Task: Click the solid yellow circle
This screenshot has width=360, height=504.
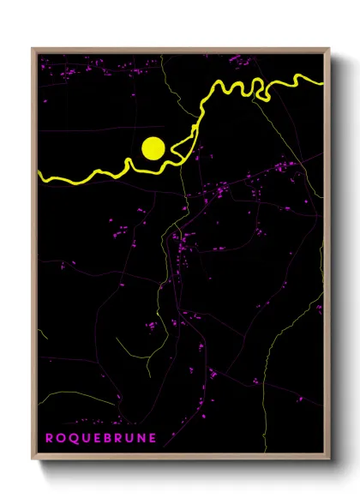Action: pos(153,147)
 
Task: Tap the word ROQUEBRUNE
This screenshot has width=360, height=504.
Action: pos(95,438)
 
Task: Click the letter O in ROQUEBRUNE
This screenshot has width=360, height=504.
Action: pos(59,438)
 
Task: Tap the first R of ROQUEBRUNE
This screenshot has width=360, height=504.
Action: pos(48,438)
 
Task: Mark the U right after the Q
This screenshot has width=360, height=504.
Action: pos(83,438)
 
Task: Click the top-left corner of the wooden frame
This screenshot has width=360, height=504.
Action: pos(33,49)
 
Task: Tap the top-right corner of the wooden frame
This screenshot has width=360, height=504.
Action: pos(328,49)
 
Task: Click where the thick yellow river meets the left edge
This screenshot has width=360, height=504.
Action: pos(39,175)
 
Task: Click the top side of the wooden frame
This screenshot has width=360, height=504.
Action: pos(180,50)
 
